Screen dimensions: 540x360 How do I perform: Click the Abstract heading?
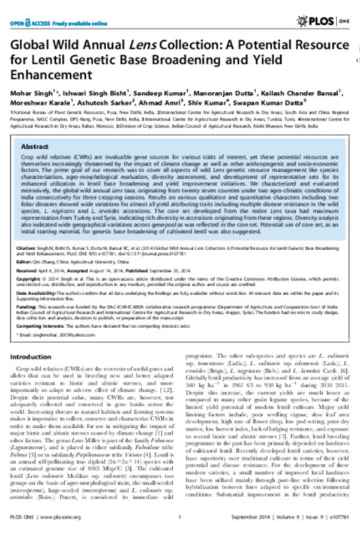click(x=35, y=146)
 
